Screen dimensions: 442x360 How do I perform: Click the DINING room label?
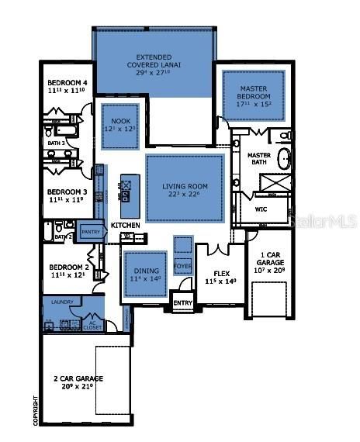click(145, 271)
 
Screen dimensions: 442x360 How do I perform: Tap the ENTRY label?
click(183, 302)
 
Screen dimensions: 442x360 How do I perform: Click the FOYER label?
click(183, 266)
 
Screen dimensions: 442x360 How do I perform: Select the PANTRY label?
click(91, 231)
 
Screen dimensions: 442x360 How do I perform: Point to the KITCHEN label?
click(126, 225)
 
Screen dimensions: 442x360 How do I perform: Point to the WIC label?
click(261, 208)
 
